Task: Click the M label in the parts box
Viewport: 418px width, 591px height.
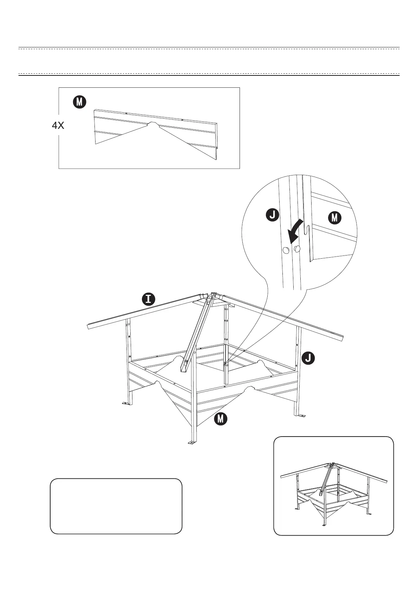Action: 80,102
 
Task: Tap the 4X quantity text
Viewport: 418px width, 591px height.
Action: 58,126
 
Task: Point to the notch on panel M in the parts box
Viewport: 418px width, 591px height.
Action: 152,124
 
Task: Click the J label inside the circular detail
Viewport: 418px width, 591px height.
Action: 273,215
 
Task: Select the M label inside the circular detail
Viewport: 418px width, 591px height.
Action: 334,218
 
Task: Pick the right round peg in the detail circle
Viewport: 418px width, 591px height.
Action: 298,249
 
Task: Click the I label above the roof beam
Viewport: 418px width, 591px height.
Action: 149,299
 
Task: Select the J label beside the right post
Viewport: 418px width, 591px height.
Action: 308,358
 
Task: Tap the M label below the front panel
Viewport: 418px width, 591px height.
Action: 221,418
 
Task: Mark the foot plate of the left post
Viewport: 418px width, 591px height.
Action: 125,404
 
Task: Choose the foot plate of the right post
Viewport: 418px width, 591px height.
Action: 300,416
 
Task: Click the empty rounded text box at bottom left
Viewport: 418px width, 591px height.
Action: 116,506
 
